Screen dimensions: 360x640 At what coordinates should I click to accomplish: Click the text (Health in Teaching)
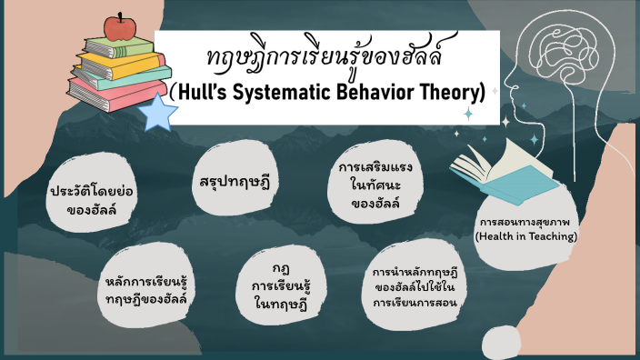tap(526, 236)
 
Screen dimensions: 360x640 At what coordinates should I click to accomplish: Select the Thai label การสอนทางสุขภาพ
tap(526, 221)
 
